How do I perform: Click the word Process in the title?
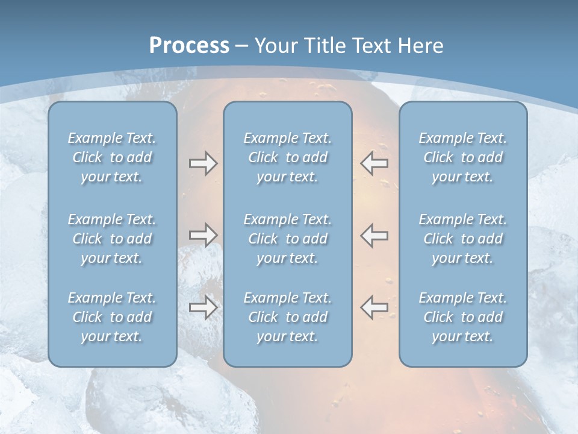point(189,46)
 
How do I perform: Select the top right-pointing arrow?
point(203,163)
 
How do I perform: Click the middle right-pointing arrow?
point(203,235)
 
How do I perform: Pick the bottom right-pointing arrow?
point(203,307)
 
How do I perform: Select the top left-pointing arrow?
point(374,163)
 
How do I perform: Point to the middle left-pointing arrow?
point(374,235)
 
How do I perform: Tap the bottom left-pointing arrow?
point(374,307)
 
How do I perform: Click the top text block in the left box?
point(112,157)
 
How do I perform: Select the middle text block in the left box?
point(112,239)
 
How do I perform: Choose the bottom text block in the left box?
point(112,317)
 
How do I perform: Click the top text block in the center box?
point(287,157)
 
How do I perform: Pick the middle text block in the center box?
point(287,239)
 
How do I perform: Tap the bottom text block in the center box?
point(287,317)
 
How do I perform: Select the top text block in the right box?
point(462,157)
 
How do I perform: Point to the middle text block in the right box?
point(462,239)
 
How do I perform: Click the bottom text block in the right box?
point(462,317)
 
